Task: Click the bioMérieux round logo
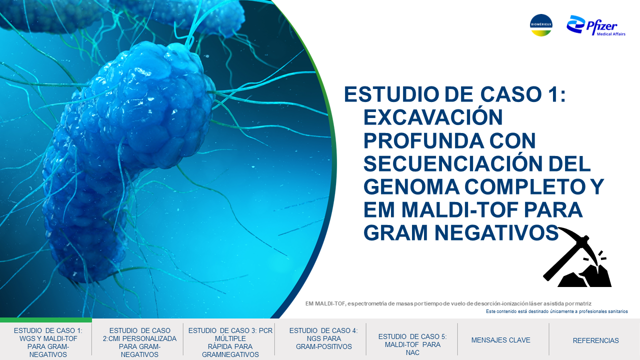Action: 541,25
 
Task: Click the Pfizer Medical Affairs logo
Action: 595,25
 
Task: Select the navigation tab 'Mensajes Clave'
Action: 500,340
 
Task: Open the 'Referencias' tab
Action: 595,340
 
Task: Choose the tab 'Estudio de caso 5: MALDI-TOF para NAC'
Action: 412,344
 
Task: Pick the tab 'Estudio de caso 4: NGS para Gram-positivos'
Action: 323,338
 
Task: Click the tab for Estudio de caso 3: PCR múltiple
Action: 230,342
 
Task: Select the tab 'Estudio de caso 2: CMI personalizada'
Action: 139,342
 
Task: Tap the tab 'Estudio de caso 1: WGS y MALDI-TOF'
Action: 48,342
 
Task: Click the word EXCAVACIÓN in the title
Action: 433,117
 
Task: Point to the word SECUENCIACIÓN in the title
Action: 452,163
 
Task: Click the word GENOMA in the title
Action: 411,186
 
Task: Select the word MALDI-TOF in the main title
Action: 459,209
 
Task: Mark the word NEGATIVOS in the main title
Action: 496,232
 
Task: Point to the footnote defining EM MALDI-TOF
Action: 448,303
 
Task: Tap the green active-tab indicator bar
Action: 46,320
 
